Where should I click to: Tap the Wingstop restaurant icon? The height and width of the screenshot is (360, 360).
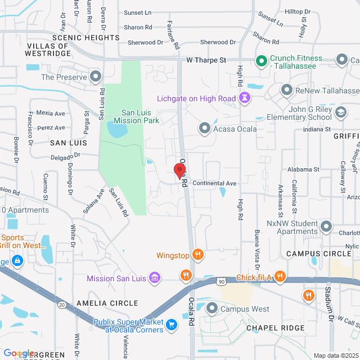pyautogui.click(x=197, y=254)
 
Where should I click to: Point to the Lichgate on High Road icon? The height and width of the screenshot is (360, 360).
pyautogui.click(x=244, y=99)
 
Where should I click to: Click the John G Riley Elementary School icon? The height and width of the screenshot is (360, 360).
pyautogui.click(x=340, y=113)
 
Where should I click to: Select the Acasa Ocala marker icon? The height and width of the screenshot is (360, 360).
pyautogui.click(x=204, y=129)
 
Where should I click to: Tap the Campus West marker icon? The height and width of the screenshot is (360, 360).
pyautogui.click(x=211, y=308)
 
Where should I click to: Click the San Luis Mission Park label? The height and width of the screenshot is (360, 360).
pyautogui.click(x=137, y=116)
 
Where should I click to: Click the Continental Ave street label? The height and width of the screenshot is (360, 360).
pyautogui.click(x=214, y=183)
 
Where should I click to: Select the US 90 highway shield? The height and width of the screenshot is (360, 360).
pyautogui.click(x=222, y=281)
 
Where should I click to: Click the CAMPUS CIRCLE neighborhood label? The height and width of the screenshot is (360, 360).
pyautogui.click(x=318, y=254)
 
